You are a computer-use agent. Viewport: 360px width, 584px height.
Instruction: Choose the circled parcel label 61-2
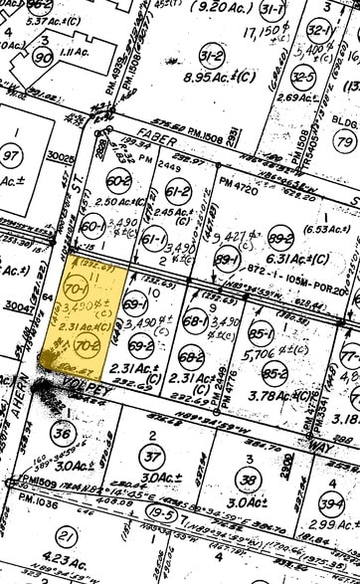point(179,191)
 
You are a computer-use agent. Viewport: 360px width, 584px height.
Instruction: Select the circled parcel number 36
point(62,434)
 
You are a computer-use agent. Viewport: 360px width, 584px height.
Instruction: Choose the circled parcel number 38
point(249,480)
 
